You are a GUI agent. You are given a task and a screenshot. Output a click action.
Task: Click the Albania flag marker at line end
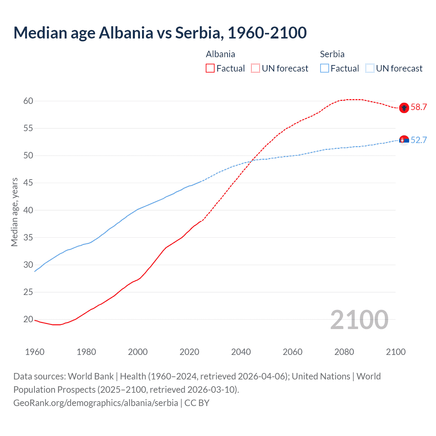point(404,108)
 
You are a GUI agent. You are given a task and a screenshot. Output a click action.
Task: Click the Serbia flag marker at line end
point(404,140)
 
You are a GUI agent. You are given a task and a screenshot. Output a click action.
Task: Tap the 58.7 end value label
point(419,107)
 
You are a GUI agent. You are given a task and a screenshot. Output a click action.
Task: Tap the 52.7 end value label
point(419,140)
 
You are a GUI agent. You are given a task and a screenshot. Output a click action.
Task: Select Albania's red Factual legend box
point(210,68)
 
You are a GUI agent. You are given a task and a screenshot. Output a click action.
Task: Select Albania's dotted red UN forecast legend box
point(255,68)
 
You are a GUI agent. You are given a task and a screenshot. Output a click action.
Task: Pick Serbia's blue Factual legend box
point(325,68)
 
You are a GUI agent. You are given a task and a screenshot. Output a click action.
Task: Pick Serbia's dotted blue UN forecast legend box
point(370,68)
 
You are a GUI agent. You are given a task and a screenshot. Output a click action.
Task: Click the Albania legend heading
point(220,54)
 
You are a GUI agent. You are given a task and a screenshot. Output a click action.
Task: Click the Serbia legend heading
point(332,54)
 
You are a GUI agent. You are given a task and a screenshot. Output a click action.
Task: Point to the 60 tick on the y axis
point(28,101)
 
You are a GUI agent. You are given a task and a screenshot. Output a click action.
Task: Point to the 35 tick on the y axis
point(28,237)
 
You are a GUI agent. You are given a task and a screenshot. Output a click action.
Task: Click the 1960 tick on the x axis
point(35,352)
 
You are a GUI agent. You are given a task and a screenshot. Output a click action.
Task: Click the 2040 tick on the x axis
point(241,352)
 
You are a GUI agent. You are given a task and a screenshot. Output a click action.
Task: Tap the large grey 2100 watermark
point(359,320)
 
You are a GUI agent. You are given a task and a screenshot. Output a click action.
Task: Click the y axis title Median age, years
point(14,212)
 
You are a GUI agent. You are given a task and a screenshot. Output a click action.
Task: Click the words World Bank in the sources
point(91,376)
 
